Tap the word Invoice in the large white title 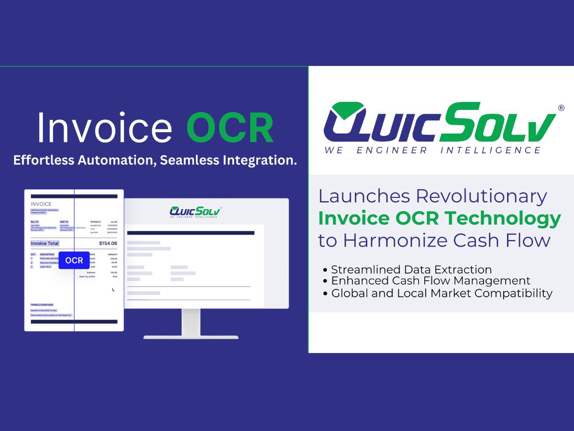coord(104,128)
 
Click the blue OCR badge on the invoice coord(74,261)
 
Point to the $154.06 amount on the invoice coord(107,243)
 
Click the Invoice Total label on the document coord(44,243)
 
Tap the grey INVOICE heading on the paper coord(41,204)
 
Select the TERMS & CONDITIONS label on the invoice coord(42,305)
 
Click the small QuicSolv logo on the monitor coord(195,212)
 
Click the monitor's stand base coord(191,337)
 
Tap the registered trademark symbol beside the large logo coord(561,108)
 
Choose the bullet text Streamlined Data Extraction coord(411,270)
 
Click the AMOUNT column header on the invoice coord(112,254)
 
